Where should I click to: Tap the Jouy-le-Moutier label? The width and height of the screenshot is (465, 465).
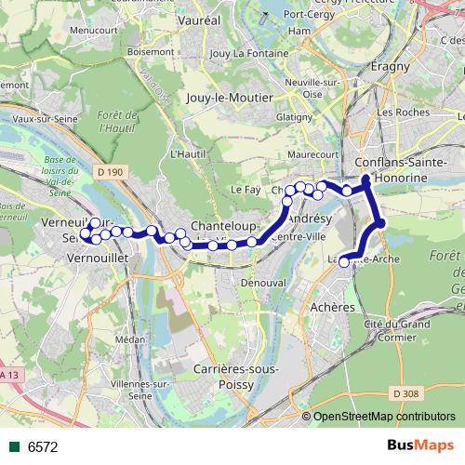pyautogui.click(x=230, y=97)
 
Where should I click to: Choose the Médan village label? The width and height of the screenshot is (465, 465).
pyautogui.click(x=130, y=339)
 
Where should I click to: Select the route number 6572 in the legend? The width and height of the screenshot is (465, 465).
pyautogui.click(x=43, y=446)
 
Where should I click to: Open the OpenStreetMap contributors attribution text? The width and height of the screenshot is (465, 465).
pyautogui.click(x=383, y=418)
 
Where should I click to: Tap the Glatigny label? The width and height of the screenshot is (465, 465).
pyautogui.click(x=295, y=116)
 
